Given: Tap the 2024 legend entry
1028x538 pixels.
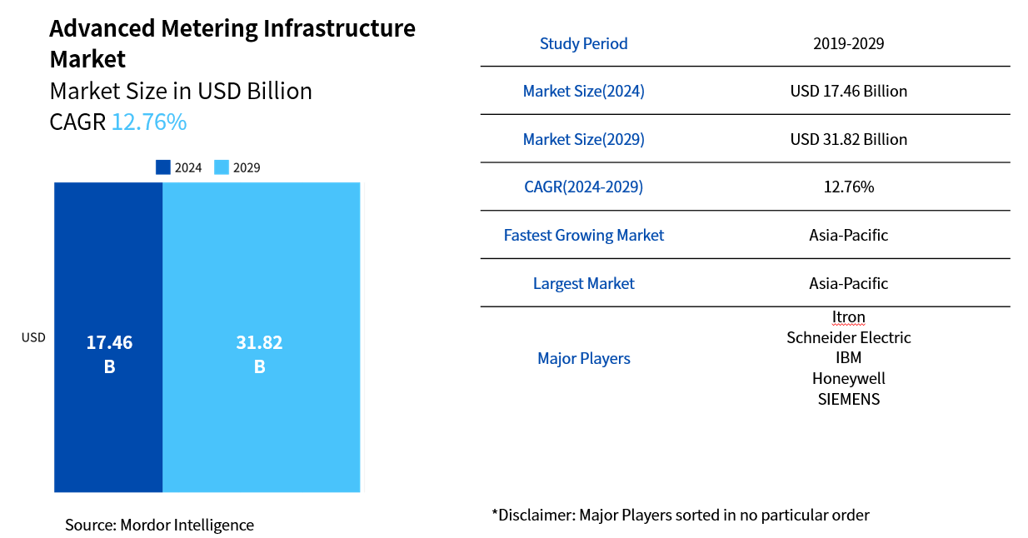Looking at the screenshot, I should point(179,167).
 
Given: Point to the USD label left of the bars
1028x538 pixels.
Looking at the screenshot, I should point(33,337).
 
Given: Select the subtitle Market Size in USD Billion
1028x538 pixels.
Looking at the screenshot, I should point(181,91).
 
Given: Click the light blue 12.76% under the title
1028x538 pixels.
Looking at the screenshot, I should point(149,122).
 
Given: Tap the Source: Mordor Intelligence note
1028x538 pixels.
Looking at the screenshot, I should point(159,525).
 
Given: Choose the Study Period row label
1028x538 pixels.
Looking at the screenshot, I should point(583,43).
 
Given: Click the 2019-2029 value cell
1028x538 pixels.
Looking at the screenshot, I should point(848,43).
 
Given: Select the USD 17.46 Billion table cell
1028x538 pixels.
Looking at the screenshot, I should point(848,91).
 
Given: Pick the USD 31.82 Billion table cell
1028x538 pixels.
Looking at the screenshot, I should point(848,139).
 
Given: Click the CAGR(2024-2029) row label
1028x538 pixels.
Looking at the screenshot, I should point(583,187).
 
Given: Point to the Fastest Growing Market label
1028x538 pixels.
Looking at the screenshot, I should point(583,235).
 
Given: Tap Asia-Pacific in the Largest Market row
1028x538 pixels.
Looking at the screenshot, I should point(848,283).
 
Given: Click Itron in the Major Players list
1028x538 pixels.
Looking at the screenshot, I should point(848,316).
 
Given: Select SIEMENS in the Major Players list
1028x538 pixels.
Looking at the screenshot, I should point(848,399).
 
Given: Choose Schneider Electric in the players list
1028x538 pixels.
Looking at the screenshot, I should point(848,337).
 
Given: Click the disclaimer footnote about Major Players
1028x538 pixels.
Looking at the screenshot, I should point(680,515).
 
